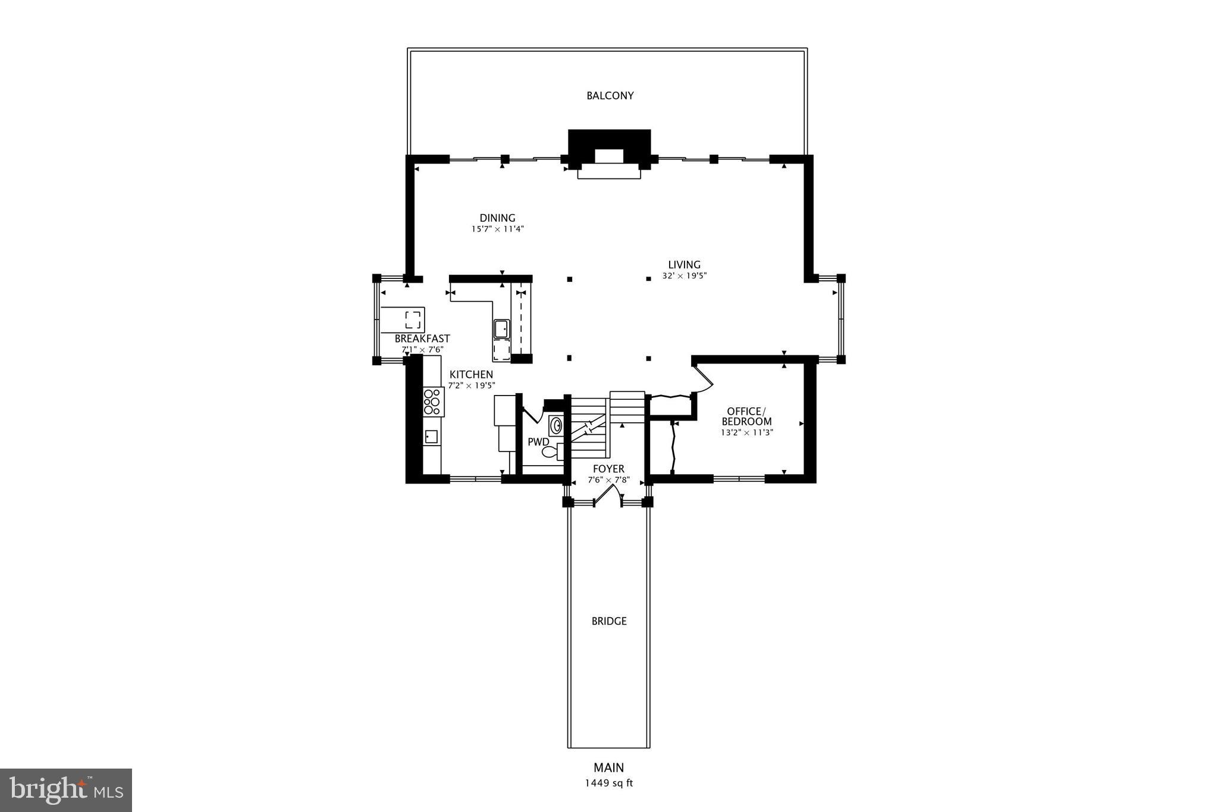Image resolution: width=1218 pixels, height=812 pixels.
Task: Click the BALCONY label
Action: (610, 95)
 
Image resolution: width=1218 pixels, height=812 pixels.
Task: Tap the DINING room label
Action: (497, 218)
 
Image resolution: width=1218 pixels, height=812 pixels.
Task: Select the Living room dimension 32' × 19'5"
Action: (684, 276)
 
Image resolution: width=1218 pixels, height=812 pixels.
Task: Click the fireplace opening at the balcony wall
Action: (609, 156)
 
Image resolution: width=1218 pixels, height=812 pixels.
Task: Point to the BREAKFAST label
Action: (422, 338)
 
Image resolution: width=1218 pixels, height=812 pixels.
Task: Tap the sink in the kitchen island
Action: (501, 328)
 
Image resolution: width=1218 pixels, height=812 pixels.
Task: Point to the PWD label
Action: (538, 442)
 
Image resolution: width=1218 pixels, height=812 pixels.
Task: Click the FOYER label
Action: (608, 469)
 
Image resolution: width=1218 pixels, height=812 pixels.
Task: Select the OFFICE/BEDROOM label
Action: (746, 416)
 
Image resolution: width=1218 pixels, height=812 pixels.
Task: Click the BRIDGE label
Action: (609, 621)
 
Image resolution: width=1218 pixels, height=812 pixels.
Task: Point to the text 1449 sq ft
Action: (608, 783)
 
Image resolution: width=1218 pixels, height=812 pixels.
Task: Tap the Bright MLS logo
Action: (66, 790)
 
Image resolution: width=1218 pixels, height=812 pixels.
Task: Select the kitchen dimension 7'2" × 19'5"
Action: (471, 385)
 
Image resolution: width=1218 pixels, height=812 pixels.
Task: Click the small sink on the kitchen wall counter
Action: (431, 437)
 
